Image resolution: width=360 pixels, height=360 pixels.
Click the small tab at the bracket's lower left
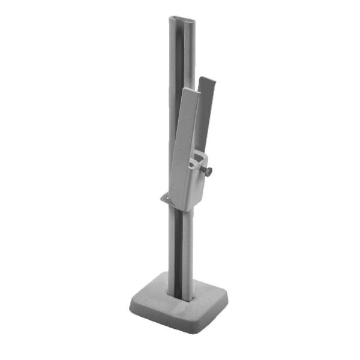pyautogui.click(x=164, y=197)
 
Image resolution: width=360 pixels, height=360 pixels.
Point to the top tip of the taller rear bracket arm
pyautogui.click(x=206, y=80)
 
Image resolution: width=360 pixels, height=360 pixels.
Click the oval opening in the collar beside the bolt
pyautogui.click(x=195, y=163)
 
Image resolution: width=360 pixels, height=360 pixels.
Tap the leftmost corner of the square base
pyautogui.click(x=131, y=305)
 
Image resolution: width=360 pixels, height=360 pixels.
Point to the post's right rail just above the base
pyautogui.click(x=191, y=276)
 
